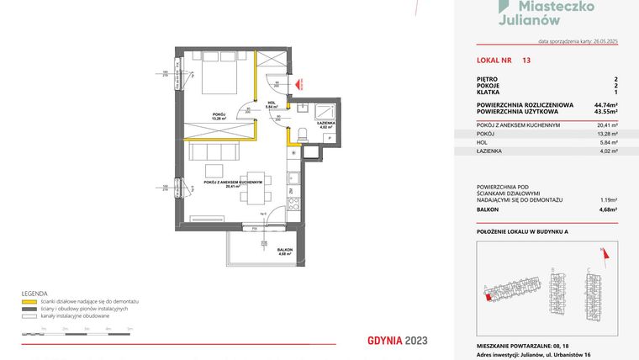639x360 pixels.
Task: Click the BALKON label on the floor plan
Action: pyautogui.click(x=286, y=250)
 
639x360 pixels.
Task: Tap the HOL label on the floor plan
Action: pyautogui.click(x=271, y=105)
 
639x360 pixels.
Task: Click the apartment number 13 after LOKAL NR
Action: pyautogui.click(x=526, y=61)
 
